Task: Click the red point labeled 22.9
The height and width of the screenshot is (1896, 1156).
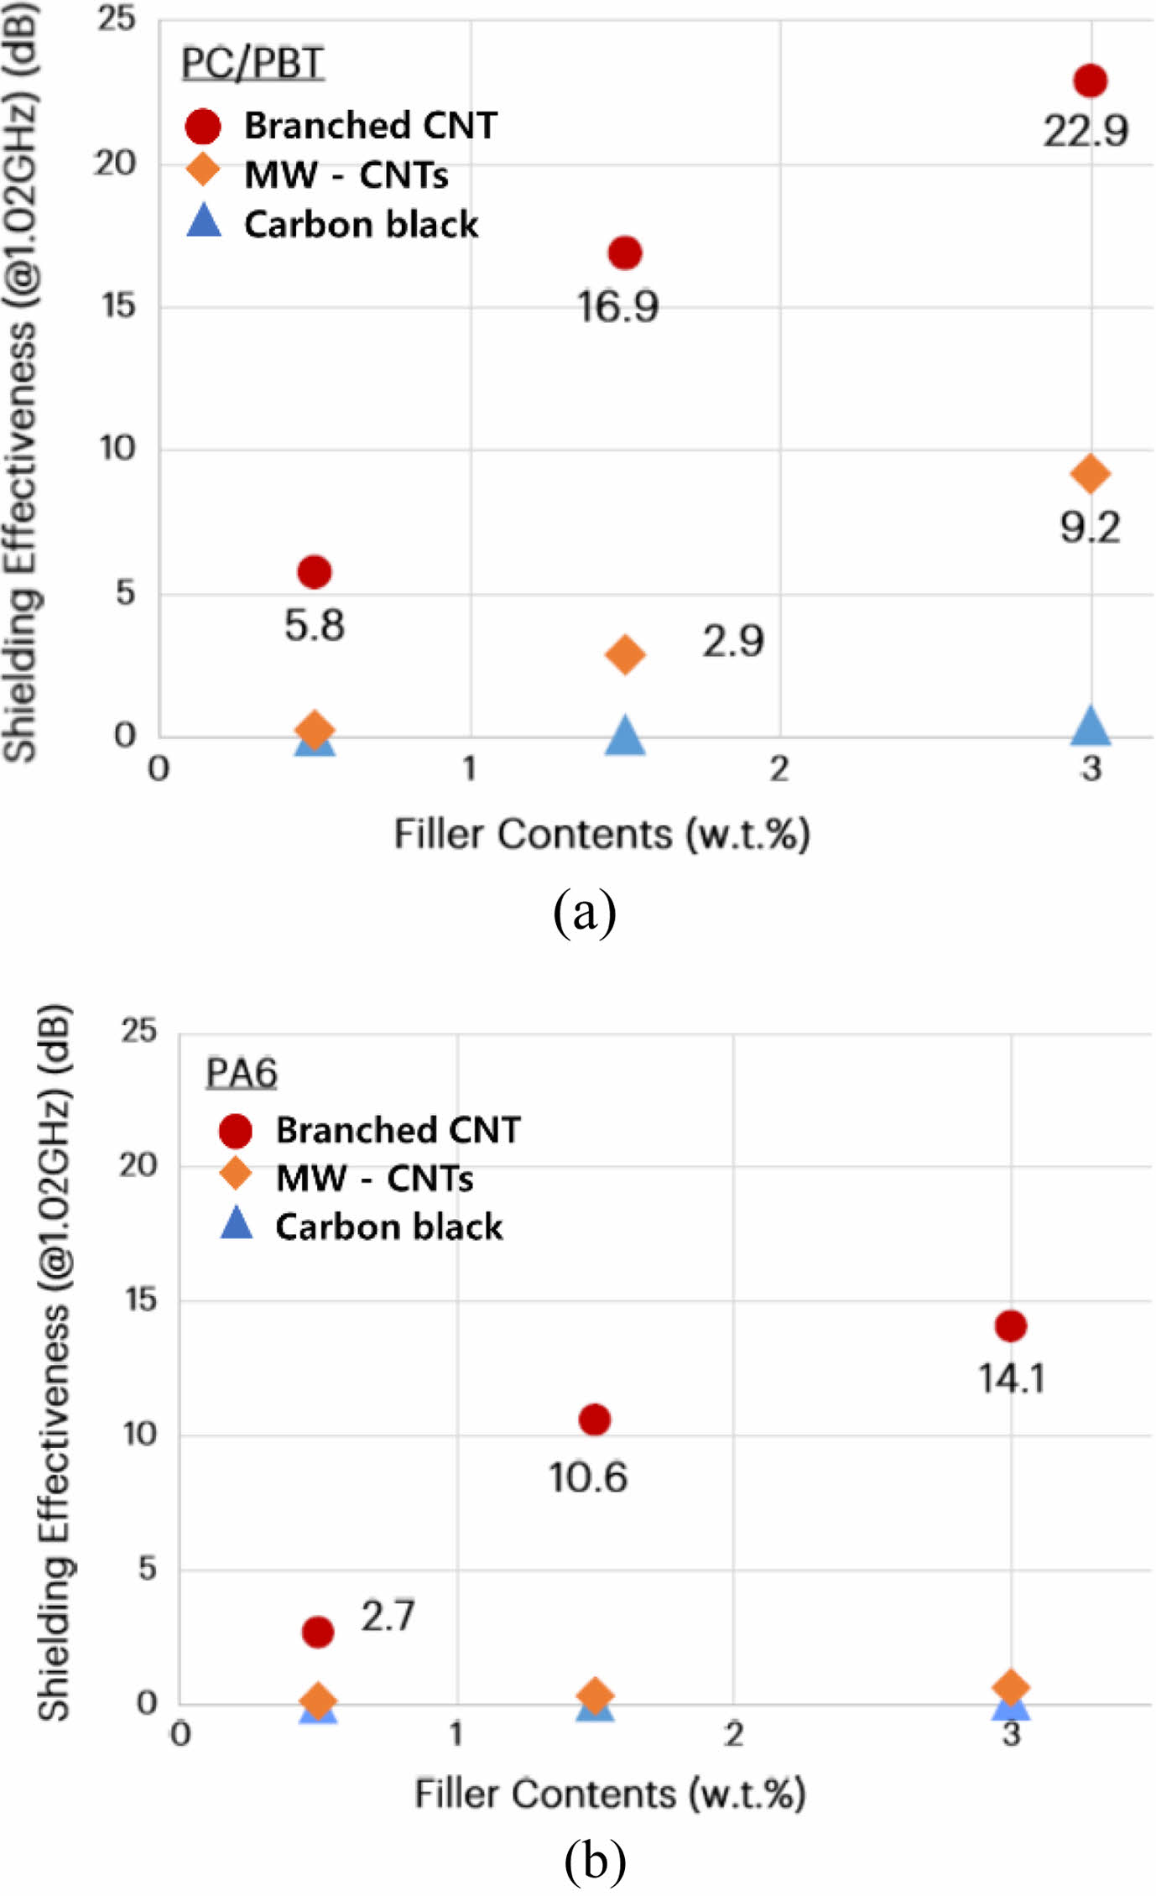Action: pyautogui.click(x=1090, y=81)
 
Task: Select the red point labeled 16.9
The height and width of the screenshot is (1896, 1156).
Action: pyautogui.click(x=625, y=253)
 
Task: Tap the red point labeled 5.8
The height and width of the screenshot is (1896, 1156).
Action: pyautogui.click(x=315, y=572)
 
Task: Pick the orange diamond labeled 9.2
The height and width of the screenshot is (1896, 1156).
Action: pyautogui.click(x=1090, y=474)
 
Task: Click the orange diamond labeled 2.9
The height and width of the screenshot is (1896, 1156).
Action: pyautogui.click(x=625, y=654)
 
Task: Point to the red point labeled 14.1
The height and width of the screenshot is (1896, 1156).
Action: pyautogui.click(x=1011, y=1326)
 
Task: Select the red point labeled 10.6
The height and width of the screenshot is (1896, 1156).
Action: pyautogui.click(x=595, y=1419)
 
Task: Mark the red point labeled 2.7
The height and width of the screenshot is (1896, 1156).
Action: pyautogui.click(x=318, y=1632)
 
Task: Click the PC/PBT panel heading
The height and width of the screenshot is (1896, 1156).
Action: pyautogui.click(x=253, y=64)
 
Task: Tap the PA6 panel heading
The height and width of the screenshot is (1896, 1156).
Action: pyautogui.click(x=242, y=1073)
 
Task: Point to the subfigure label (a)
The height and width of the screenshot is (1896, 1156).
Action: pyautogui.click(x=585, y=913)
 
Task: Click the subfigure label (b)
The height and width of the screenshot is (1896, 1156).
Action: pyautogui.click(x=595, y=1860)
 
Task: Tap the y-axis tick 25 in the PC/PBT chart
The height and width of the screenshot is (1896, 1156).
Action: pyautogui.click(x=116, y=18)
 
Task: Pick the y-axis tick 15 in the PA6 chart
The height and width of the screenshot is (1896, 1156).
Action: pyautogui.click(x=139, y=1300)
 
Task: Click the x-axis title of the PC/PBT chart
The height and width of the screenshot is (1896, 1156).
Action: pyautogui.click(x=601, y=835)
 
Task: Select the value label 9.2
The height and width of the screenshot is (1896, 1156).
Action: pyautogui.click(x=1090, y=528)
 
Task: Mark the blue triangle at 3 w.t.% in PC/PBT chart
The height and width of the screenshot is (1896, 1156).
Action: pyautogui.click(x=1091, y=727)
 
